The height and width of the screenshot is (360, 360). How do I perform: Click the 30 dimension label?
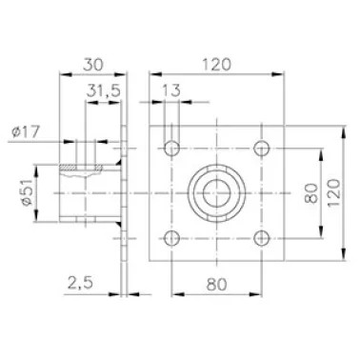coord(93,65)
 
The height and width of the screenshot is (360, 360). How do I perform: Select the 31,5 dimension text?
coord(104,91)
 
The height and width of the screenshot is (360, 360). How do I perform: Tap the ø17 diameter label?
coord(26,131)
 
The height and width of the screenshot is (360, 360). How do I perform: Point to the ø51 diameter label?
coord(27,192)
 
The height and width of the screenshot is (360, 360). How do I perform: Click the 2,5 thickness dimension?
coord(81,283)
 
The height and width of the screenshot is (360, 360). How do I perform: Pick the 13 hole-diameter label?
coord(171,90)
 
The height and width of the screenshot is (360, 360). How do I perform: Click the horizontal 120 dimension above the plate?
coord(217,65)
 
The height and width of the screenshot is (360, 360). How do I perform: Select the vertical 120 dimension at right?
coord(333,192)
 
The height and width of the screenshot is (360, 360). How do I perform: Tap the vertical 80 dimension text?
coord(310,193)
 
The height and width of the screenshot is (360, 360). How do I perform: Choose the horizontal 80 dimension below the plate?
coord(217,284)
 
